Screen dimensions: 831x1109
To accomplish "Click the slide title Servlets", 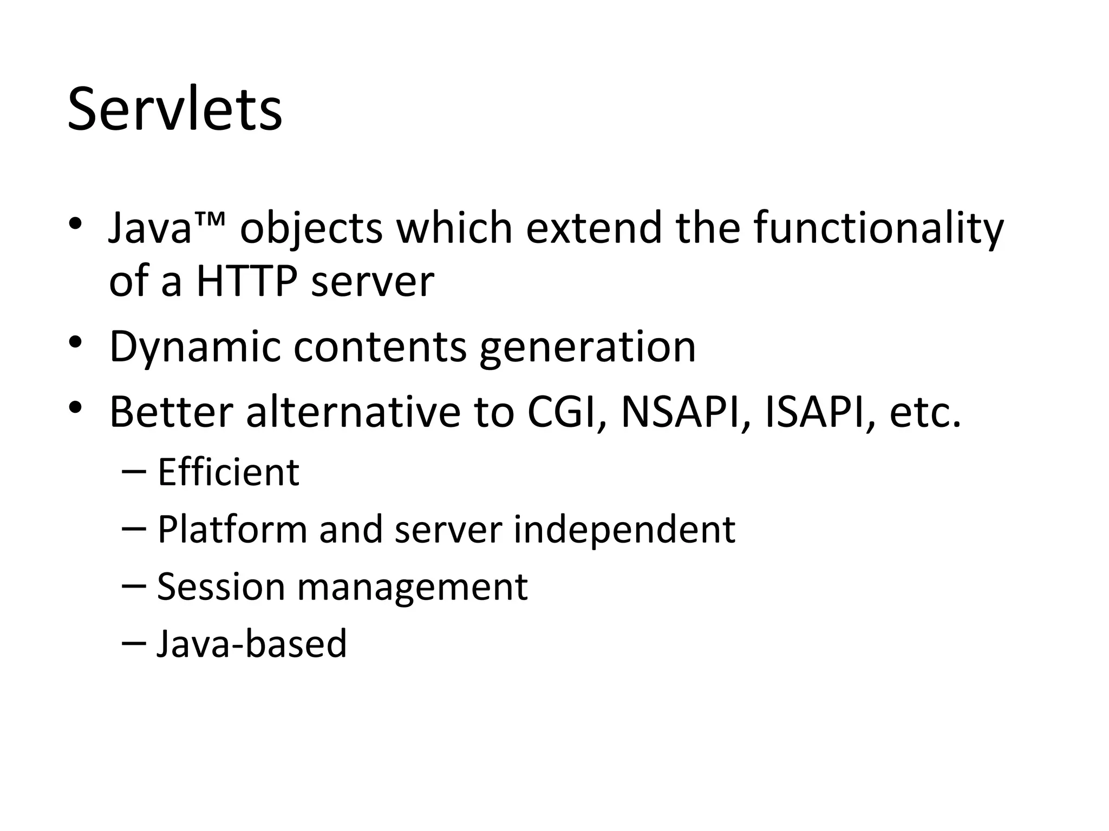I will point(174,110).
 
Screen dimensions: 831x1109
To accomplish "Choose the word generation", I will point(588,347).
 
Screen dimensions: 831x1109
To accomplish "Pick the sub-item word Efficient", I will point(228,472).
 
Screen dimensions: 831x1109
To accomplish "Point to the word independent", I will point(624,529).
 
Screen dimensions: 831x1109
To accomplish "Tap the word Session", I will point(220,586).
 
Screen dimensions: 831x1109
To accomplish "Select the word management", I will point(412,588).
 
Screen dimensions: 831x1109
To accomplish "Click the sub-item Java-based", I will point(252,644).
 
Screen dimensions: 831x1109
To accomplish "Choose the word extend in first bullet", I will point(594,227).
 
